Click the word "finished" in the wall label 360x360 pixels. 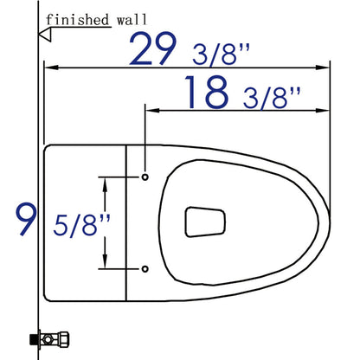(x=77, y=20)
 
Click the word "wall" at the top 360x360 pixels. (x=132, y=20)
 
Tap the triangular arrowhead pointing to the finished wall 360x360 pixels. (x=45, y=35)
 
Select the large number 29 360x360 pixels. (x=152, y=48)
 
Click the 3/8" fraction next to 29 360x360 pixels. (x=221, y=55)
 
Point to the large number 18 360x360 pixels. (x=207, y=92)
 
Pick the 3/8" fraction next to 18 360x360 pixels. (x=272, y=98)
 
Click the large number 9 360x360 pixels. (x=26, y=219)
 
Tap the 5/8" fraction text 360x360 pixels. (x=81, y=225)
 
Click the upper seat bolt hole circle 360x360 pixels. (x=145, y=177)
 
